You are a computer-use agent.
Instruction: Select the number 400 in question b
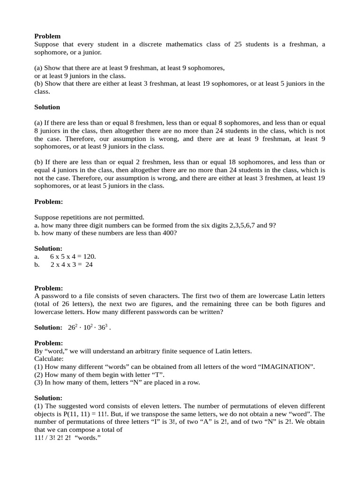pos(170,232)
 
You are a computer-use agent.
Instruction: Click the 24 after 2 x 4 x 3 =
pos(89,264)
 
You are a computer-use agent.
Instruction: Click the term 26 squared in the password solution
pos(72,327)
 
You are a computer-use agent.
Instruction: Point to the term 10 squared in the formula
pos(87,327)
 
